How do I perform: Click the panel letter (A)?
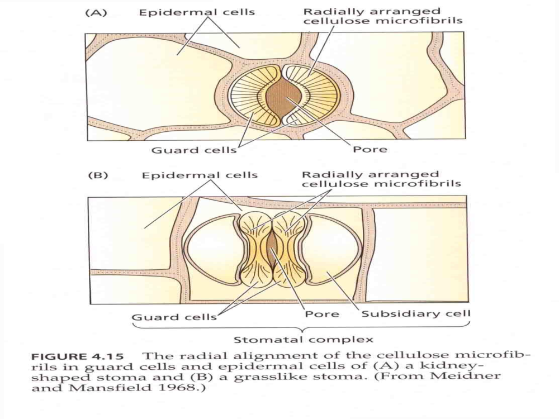click(x=96, y=13)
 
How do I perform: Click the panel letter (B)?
click(x=98, y=175)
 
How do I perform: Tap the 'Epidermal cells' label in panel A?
click(x=197, y=12)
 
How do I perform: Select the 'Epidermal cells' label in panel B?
click(x=200, y=175)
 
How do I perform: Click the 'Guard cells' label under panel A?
click(x=194, y=150)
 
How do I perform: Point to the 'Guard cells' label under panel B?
click(x=174, y=317)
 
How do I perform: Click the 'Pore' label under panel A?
click(x=370, y=149)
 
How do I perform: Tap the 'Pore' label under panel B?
click(x=322, y=314)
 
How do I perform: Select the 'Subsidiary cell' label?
click(x=416, y=314)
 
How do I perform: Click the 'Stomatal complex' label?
click(x=304, y=340)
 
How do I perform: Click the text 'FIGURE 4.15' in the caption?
click(x=77, y=356)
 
